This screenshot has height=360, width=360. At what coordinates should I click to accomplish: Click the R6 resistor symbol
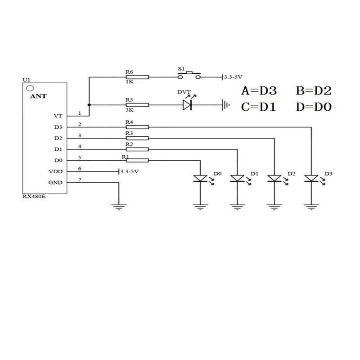click(137, 77)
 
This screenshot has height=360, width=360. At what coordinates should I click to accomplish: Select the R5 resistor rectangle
click(137, 105)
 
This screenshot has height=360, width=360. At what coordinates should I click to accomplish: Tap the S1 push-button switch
click(189, 76)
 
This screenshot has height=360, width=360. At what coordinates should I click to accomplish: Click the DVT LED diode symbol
click(187, 105)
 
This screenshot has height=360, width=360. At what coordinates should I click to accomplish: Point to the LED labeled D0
click(200, 178)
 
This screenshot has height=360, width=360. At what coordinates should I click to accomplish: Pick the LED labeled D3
click(311, 178)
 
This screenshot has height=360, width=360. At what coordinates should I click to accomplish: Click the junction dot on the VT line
click(89, 105)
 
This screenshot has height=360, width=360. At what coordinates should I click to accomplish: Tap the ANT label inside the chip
click(38, 96)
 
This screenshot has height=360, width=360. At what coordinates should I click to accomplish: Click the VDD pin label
click(55, 171)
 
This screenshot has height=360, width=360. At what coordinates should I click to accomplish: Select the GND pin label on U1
click(55, 183)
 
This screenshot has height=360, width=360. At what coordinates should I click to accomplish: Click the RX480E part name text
click(34, 197)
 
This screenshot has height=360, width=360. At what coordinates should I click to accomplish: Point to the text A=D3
click(259, 91)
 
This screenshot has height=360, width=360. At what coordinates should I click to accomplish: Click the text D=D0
click(314, 107)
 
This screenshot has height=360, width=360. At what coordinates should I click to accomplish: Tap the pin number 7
click(80, 180)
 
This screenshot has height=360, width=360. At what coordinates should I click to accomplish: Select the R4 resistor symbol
click(137, 127)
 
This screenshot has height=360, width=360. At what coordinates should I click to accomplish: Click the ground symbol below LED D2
click(274, 207)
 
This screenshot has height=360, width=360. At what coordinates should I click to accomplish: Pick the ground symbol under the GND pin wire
click(119, 207)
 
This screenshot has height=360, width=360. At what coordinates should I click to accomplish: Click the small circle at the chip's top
click(30, 88)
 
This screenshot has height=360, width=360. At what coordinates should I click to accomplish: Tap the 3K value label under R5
click(130, 110)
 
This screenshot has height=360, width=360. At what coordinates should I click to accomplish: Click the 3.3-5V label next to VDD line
click(130, 171)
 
